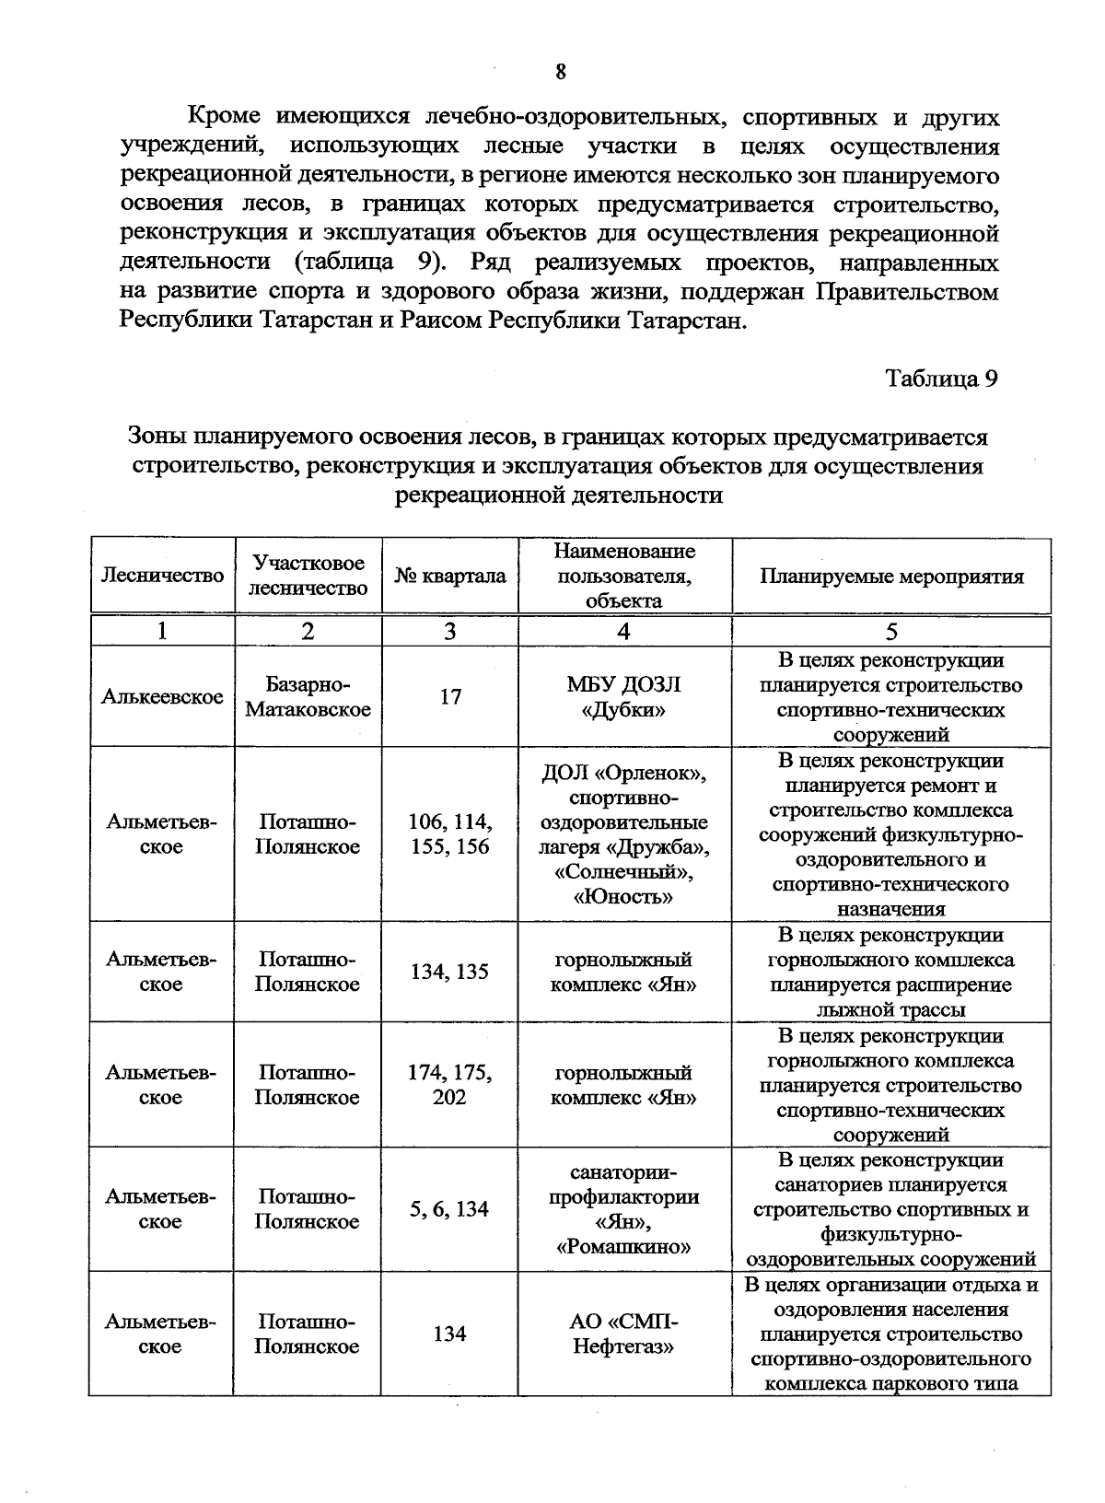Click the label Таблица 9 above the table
(x=941, y=379)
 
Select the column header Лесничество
(x=162, y=576)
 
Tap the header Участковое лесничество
(x=308, y=576)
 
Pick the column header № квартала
(x=450, y=576)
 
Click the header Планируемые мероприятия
(x=891, y=576)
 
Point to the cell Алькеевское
(x=162, y=696)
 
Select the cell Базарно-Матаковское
(x=308, y=697)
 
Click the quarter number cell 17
(x=450, y=696)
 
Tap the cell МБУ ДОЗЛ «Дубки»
(x=624, y=697)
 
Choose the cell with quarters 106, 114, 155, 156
(x=450, y=833)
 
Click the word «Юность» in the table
(x=623, y=896)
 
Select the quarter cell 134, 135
(x=450, y=972)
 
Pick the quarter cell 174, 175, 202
(x=450, y=1085)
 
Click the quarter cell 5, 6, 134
(x=450, y=1209)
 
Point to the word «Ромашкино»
(x=623, y=1247)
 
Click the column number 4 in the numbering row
(x=624, y=631)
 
